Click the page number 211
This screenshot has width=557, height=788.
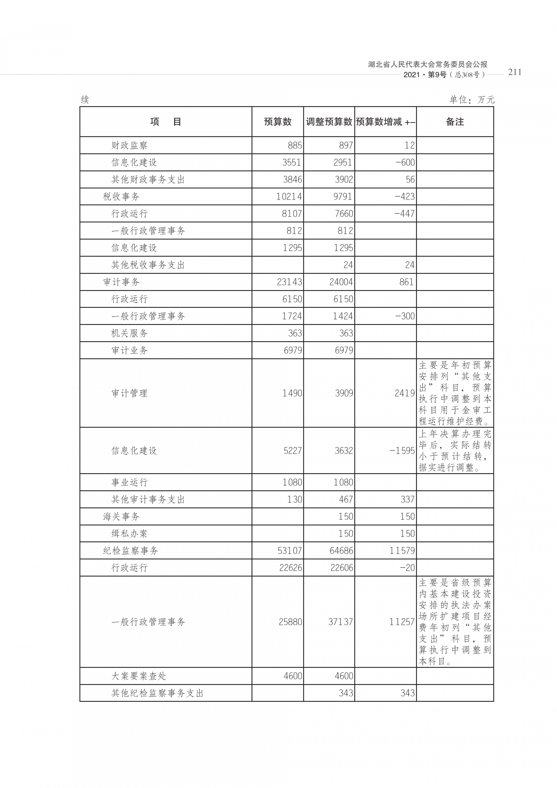point(514,72)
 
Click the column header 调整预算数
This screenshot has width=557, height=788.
point(329,122)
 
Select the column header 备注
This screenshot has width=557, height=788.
point(455,122)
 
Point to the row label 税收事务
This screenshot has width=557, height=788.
point(121,197)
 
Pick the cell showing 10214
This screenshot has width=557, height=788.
point(289,197)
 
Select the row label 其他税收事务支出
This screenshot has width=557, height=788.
point(148,265)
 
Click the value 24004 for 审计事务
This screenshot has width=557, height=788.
point(341,282)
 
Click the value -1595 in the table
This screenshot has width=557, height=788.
point(402,451)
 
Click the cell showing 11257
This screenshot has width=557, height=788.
point(402,622)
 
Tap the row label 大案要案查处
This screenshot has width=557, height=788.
point(139,676)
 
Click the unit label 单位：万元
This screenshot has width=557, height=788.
point(472,100)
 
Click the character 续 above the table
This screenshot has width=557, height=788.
point(85,100)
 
